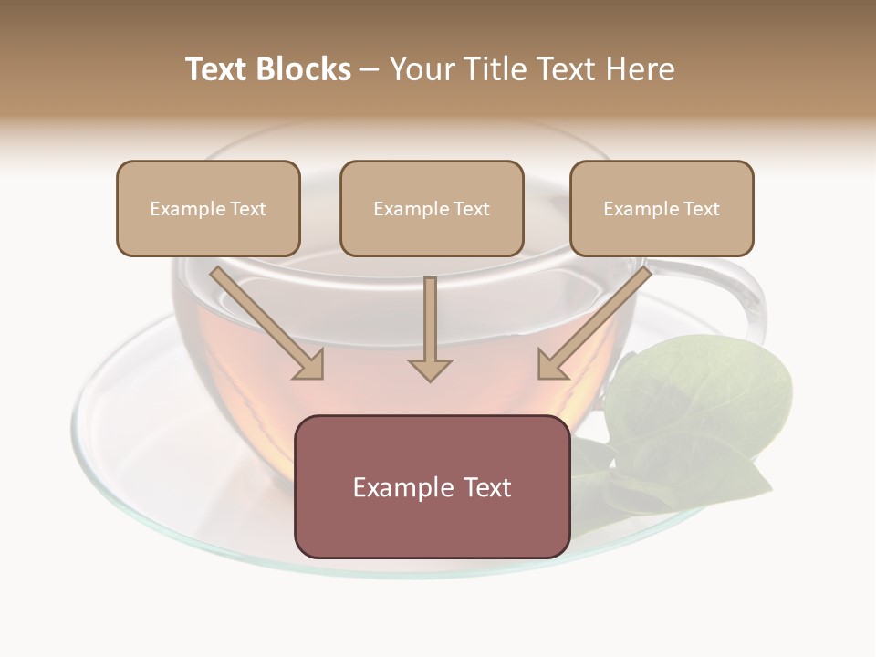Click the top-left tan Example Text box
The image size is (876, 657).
click(x=208, y=208)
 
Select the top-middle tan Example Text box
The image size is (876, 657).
click(x=432, y=208)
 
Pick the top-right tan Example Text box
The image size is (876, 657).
click(x=662, y=208)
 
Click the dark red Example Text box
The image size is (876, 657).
click(x=432, y=486)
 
